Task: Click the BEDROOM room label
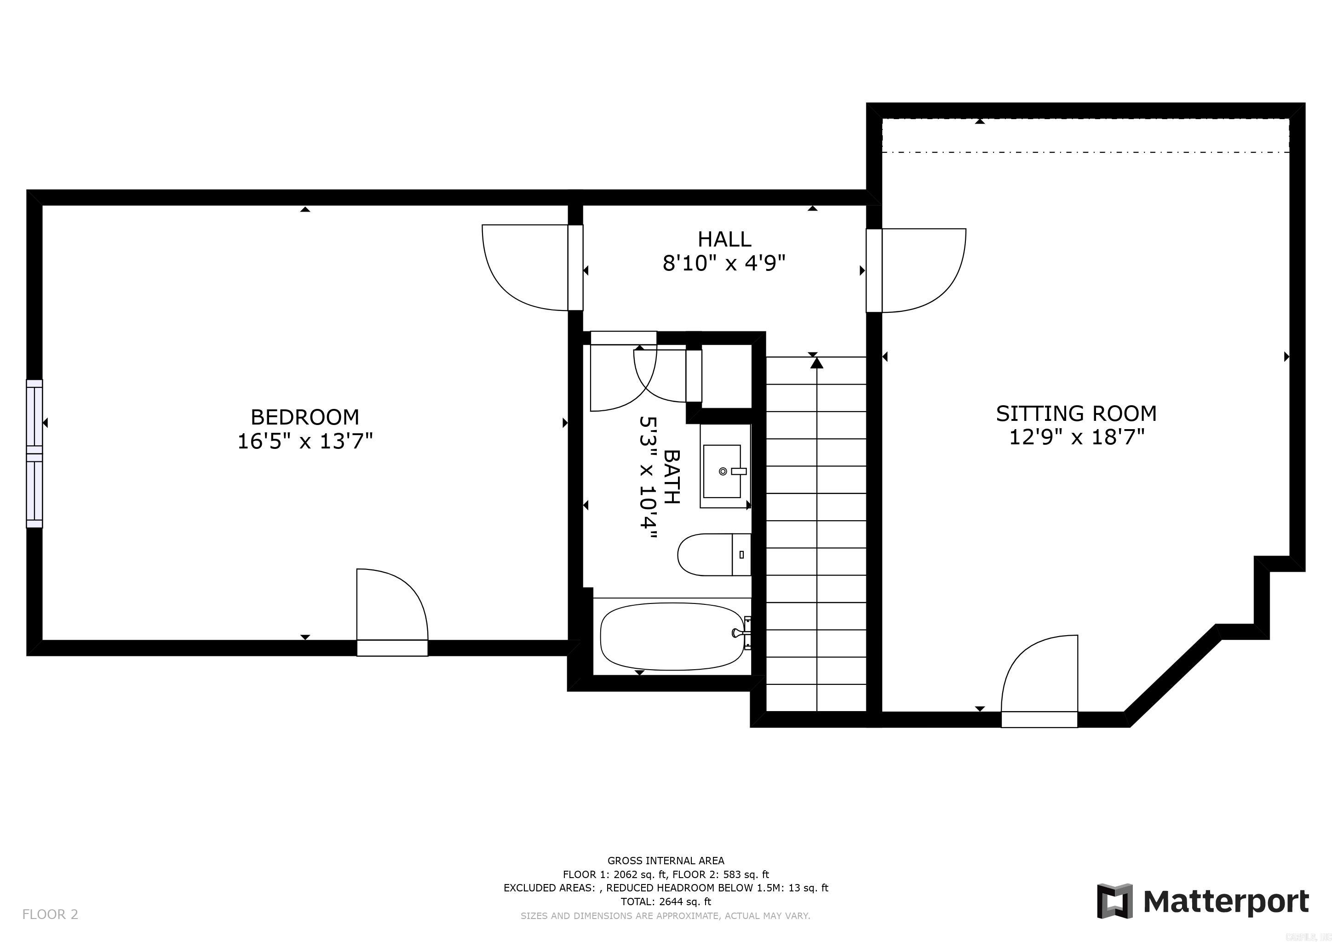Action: [304, 417]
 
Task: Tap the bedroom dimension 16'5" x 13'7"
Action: [304, 442]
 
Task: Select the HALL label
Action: [724, 239]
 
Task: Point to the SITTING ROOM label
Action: [1076, 414]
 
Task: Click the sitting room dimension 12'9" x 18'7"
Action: [1076, 437]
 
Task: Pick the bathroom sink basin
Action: [722, 471]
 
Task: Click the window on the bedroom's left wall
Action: [34, 453]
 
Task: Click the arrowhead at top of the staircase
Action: [817, 363]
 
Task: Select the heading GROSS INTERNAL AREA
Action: [666, 861]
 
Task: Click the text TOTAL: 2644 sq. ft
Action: [666, 902]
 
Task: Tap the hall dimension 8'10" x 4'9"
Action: [724, 264]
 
